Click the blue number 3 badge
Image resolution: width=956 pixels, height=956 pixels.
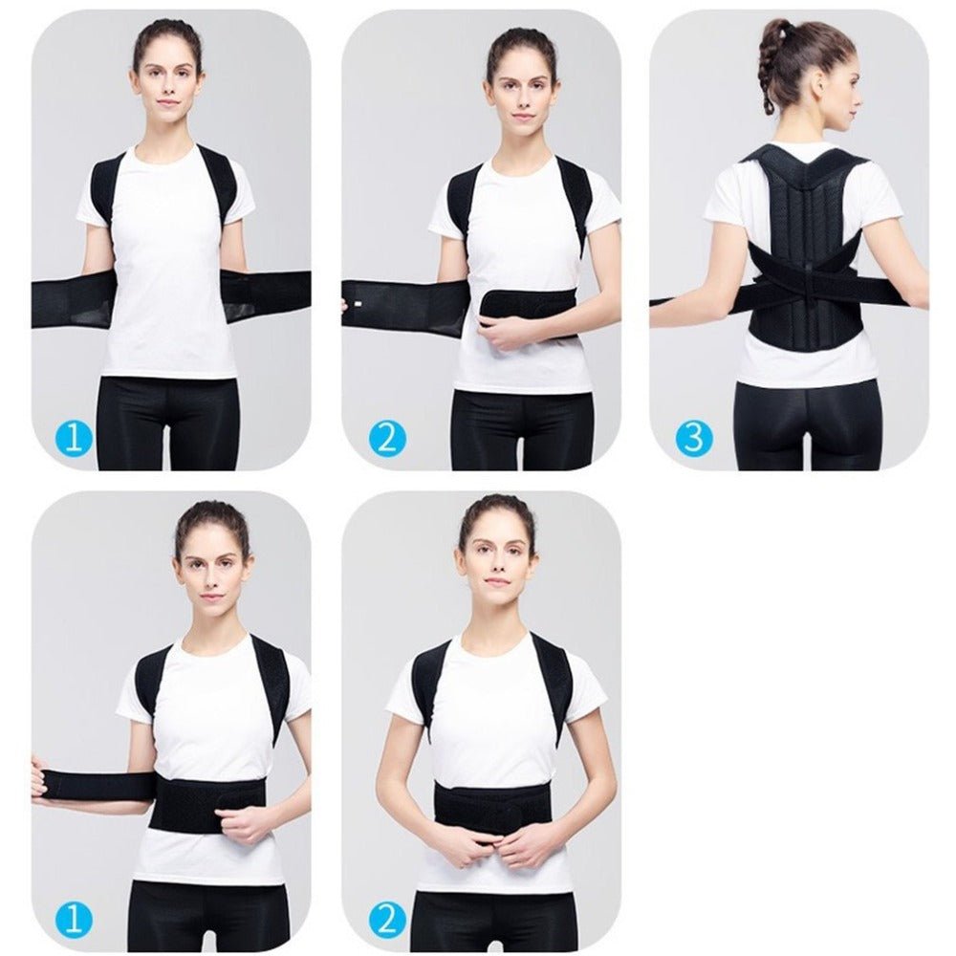(x=694, y=438)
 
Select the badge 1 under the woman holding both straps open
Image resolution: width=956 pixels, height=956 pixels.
(x=75, y=438)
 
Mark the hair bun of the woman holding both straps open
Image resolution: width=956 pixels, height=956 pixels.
(x=168, y=29)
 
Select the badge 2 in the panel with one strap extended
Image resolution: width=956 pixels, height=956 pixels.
(x=387, y=438)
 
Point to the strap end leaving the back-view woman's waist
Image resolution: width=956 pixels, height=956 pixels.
(x=669, y=301)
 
